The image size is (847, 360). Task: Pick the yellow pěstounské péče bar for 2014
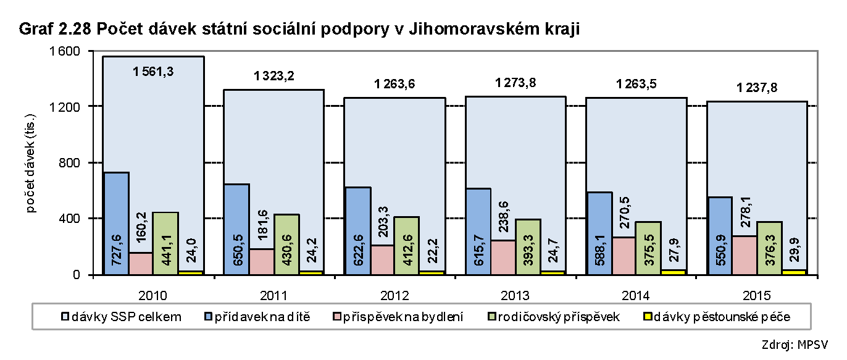point(673,272)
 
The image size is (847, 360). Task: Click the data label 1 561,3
point(153,71)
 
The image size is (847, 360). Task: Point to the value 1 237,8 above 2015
point(756,88)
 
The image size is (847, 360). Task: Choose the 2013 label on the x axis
point(515,295)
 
